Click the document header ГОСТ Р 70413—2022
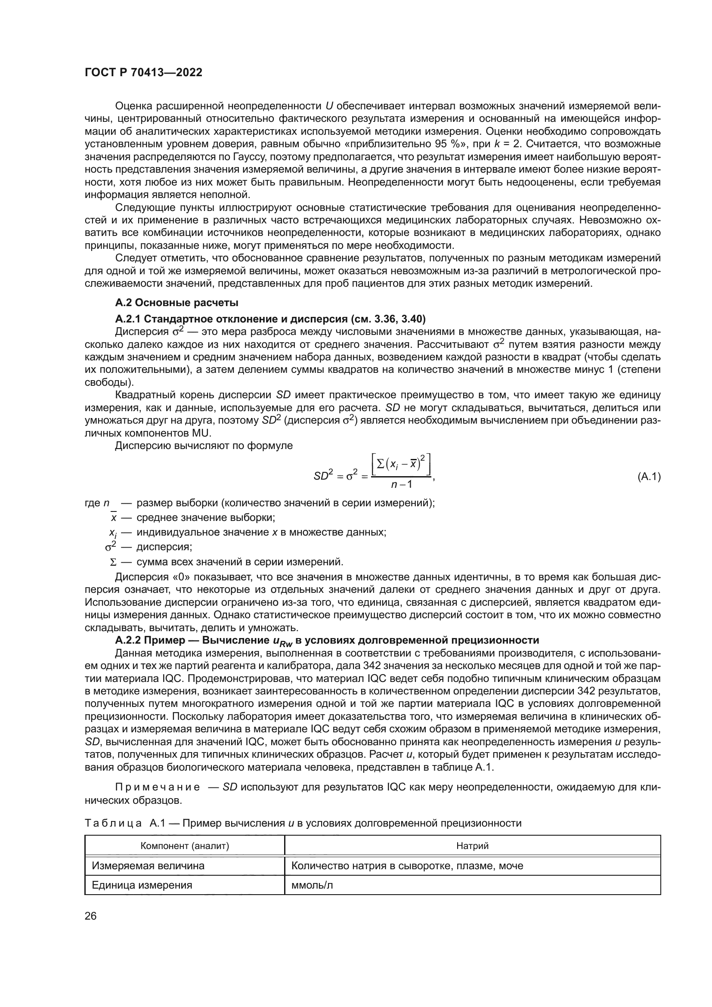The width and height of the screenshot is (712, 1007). (x=143, y=73)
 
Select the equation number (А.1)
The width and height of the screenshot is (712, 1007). (x=648, y=476)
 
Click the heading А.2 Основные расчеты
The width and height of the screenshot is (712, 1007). (x=176, y=303)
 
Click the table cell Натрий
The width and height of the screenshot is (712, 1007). (x=472, y=846)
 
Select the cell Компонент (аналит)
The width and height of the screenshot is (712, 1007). (x=185, y=846)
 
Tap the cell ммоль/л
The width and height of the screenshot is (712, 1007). (x=312, y=885)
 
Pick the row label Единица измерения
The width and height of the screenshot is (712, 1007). (x=142, y=885)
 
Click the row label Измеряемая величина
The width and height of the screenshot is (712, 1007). (x=148, y=866)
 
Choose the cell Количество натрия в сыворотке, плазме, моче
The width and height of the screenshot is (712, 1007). (x=407, y=866)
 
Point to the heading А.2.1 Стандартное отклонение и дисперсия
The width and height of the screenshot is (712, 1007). (x=270, y=319)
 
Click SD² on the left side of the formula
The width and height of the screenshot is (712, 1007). (x=324, y=475)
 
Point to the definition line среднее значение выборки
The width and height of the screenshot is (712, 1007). (x=206, y=517)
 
